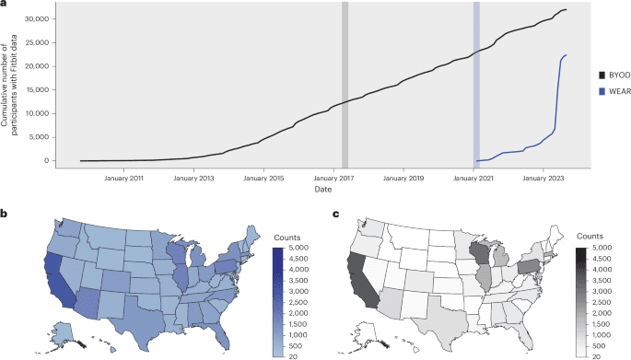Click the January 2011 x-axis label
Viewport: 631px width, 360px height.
tap(123, 176)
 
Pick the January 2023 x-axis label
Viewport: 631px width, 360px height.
tap(545, 176)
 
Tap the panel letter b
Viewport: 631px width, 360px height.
tap(5, 213)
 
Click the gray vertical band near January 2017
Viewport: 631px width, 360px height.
tap(345, 83)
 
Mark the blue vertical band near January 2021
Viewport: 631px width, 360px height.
tap(476, 83)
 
